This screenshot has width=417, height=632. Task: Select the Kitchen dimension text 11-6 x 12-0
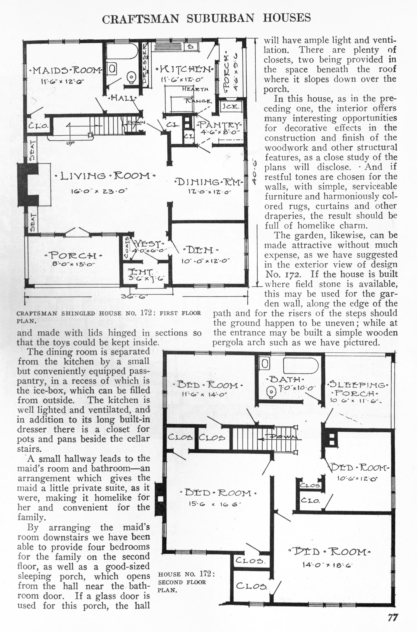[x=182, y=79]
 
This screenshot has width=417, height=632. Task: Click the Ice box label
[x=231, y=107]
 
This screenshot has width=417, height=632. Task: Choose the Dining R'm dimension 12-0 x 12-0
[x=208, y=192]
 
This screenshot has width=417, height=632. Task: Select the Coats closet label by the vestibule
[x=127, y=247]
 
